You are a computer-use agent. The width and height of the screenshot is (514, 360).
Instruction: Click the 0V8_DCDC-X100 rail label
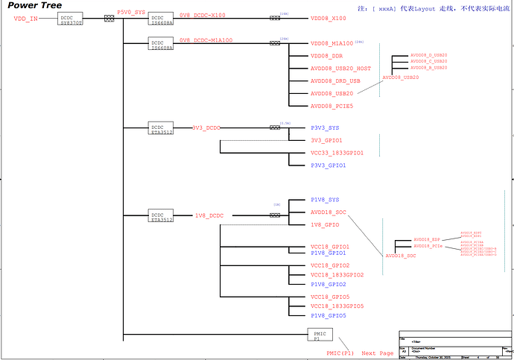[203, 15]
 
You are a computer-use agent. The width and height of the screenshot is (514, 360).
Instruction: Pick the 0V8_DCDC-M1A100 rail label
[206, 40]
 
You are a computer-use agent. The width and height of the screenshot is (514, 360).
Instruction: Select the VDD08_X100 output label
[329, 18]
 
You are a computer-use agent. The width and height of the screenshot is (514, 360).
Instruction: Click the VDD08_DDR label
[327, 57]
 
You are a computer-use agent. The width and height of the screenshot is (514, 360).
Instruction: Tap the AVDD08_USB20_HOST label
[340, 69]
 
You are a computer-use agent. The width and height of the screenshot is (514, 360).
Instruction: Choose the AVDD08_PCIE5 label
[331, 106]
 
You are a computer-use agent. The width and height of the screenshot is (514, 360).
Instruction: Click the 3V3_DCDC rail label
[206, 127]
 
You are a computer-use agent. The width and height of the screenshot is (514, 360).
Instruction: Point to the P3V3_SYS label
[325, 128]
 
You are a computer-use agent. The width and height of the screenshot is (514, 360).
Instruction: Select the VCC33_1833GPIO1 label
[337, 153]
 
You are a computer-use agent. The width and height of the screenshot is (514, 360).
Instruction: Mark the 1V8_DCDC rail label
[209, 215]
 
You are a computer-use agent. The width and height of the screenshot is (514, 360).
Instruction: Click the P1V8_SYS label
[325, 200]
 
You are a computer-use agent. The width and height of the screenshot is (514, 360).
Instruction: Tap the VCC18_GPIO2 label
[330, 265]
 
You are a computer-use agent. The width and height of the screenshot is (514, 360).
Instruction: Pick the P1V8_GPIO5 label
[329, 315]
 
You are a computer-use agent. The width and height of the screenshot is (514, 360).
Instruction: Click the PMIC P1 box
[319, 334]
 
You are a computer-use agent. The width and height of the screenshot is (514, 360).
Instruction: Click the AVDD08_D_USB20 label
[429, 55]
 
